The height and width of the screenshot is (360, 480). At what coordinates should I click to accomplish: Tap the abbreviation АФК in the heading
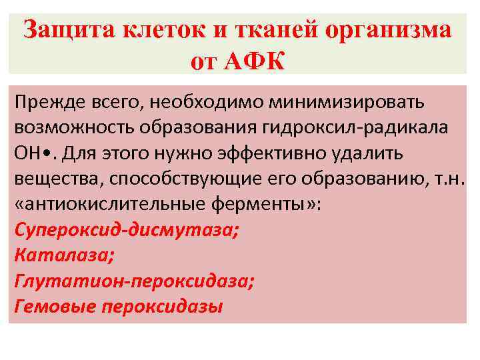coord(256,61)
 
